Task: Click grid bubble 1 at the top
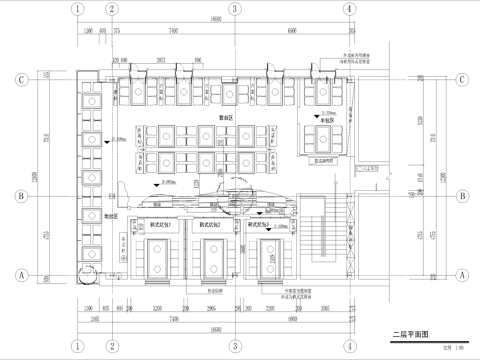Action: pyautogui.click(x=76, y=8)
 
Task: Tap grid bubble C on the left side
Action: pyautogui.click(x=19, y=78)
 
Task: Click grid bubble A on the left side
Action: pyautogui.click(x=19, y=273)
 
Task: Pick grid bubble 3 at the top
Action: pyautogui.click(x=233, y=8)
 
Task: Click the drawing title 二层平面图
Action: pyautogui.click(x=410, y=337)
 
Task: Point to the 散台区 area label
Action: pyautogui.click(x=227, y=117)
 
